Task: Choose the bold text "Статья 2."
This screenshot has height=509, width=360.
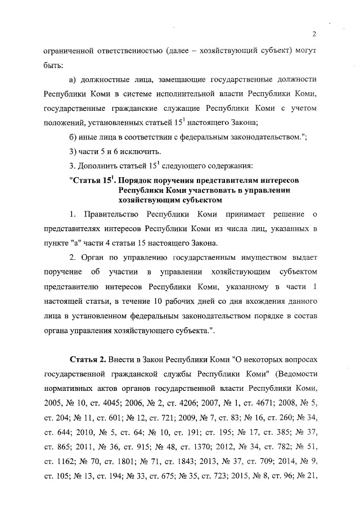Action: pyautogui.click(x=88, y=358)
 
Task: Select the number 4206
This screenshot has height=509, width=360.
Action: pyautogui.click(x=198, y=402)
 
